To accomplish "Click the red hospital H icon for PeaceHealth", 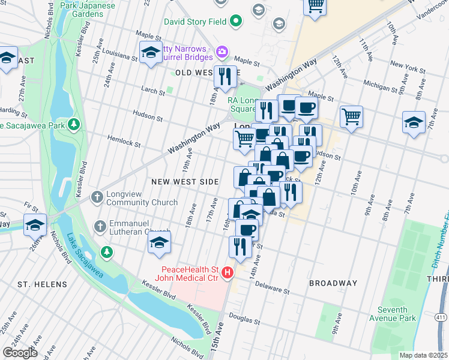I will [x=228, y=274].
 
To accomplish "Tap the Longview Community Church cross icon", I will [x=97, y=197].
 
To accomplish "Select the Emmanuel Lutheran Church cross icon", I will [x=100, y=226].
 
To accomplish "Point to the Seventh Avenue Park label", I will [x=397, y=314].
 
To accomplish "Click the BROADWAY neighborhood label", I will [x=333, y=283].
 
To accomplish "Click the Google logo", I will [x=20, y=353].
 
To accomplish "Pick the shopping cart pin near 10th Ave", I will [x=351, y=116].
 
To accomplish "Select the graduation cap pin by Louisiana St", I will [x=151, y=52].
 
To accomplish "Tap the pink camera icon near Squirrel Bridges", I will [x=222, y=53].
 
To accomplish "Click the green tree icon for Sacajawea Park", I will [x=73, y=125].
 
